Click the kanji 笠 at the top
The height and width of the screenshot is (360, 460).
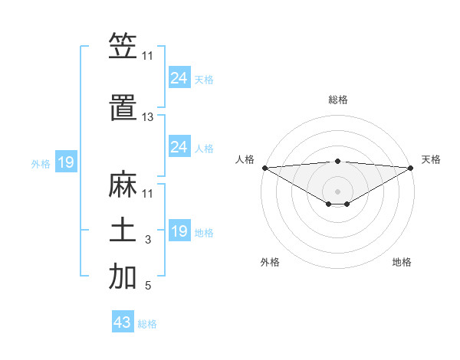click(x=123, y=47)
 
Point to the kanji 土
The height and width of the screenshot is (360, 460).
click(x=123, y=231)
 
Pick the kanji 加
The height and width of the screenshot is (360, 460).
click(x=123, y=277)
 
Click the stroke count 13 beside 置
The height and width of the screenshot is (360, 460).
click(x=147, y=117)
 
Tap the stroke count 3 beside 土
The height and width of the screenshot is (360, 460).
click(x=147, y=241)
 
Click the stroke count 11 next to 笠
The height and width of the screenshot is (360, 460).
click(x=147, y=56)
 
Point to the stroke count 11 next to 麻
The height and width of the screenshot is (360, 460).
click(x=147, y=193)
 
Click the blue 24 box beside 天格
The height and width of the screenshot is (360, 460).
click(x=179, y=78)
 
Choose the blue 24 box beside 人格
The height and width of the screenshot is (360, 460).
click(x=179, y=147)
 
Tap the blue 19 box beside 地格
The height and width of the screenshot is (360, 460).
click(x=179, y=231)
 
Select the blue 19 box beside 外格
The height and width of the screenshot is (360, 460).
click(x=65, y=162)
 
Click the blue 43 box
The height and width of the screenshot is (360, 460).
click(x=122, y=322)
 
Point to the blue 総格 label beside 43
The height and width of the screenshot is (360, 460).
click(x=148, y=324)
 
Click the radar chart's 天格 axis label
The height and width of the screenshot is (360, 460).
click(x=431, y=159)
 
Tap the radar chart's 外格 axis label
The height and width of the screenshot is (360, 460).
click(x=270, y=262)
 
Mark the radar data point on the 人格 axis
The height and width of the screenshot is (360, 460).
click(x=264, y=168)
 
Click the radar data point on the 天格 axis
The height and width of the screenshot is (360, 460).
click(x=410, y=168)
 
